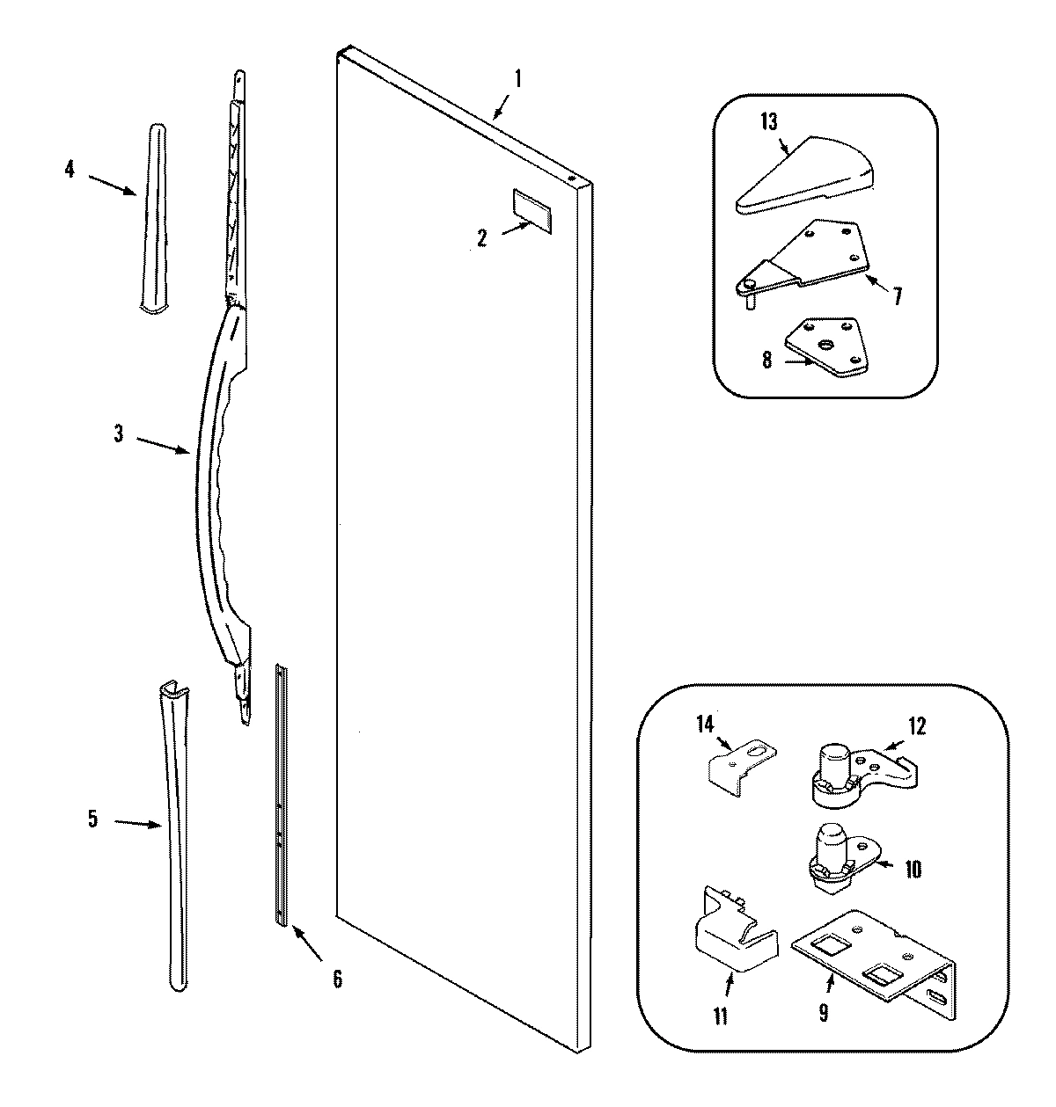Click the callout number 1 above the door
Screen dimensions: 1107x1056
pyautogui.click(x=517, y=79)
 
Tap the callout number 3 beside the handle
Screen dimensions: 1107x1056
pyautogui.click(x=119, y=433)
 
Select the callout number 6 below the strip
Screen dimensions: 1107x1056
pyautogui.click(x=337, y=977)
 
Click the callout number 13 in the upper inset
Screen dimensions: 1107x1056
pyautogui.click(x=768, y=122)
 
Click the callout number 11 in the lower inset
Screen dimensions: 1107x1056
pyautogui.click(x=720, y=1016)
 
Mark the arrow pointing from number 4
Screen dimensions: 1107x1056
pyautogui.click(x=113, y=183)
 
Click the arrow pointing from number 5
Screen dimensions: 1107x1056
pyautogui.click(x=138, y=824)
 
